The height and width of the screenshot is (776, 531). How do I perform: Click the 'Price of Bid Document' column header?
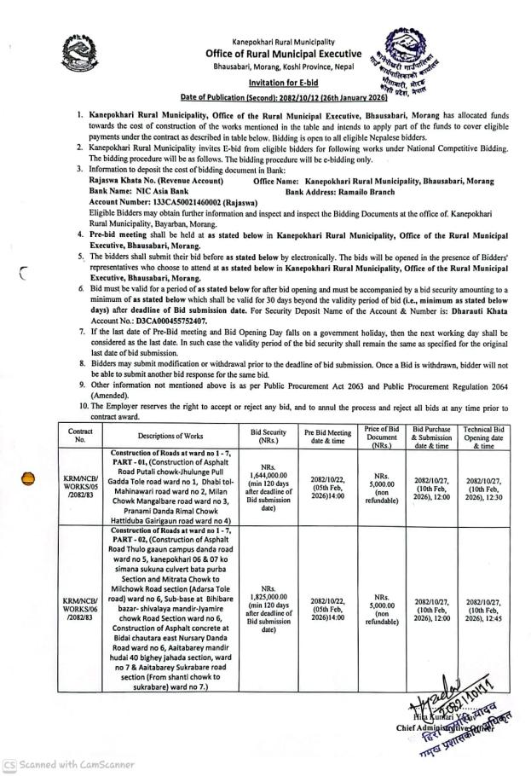(382, 435)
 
